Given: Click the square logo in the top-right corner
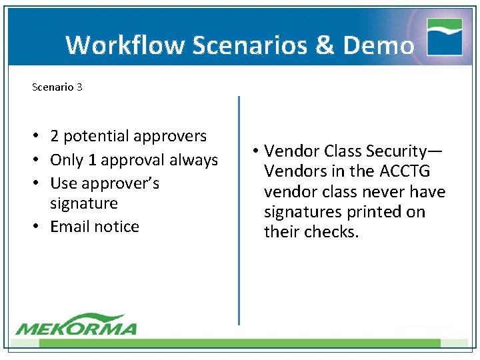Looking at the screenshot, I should pos(445,37).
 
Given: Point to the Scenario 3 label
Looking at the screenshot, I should pos(57,87).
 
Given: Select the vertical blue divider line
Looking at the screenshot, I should pos(239,210).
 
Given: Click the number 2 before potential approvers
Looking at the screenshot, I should pos(55,136).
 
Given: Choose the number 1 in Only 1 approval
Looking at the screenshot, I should pos(92,160).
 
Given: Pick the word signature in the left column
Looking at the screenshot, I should pos(84,203).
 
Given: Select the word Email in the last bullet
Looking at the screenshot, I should pos(70,226).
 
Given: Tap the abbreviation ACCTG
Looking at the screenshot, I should pos(405,171).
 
